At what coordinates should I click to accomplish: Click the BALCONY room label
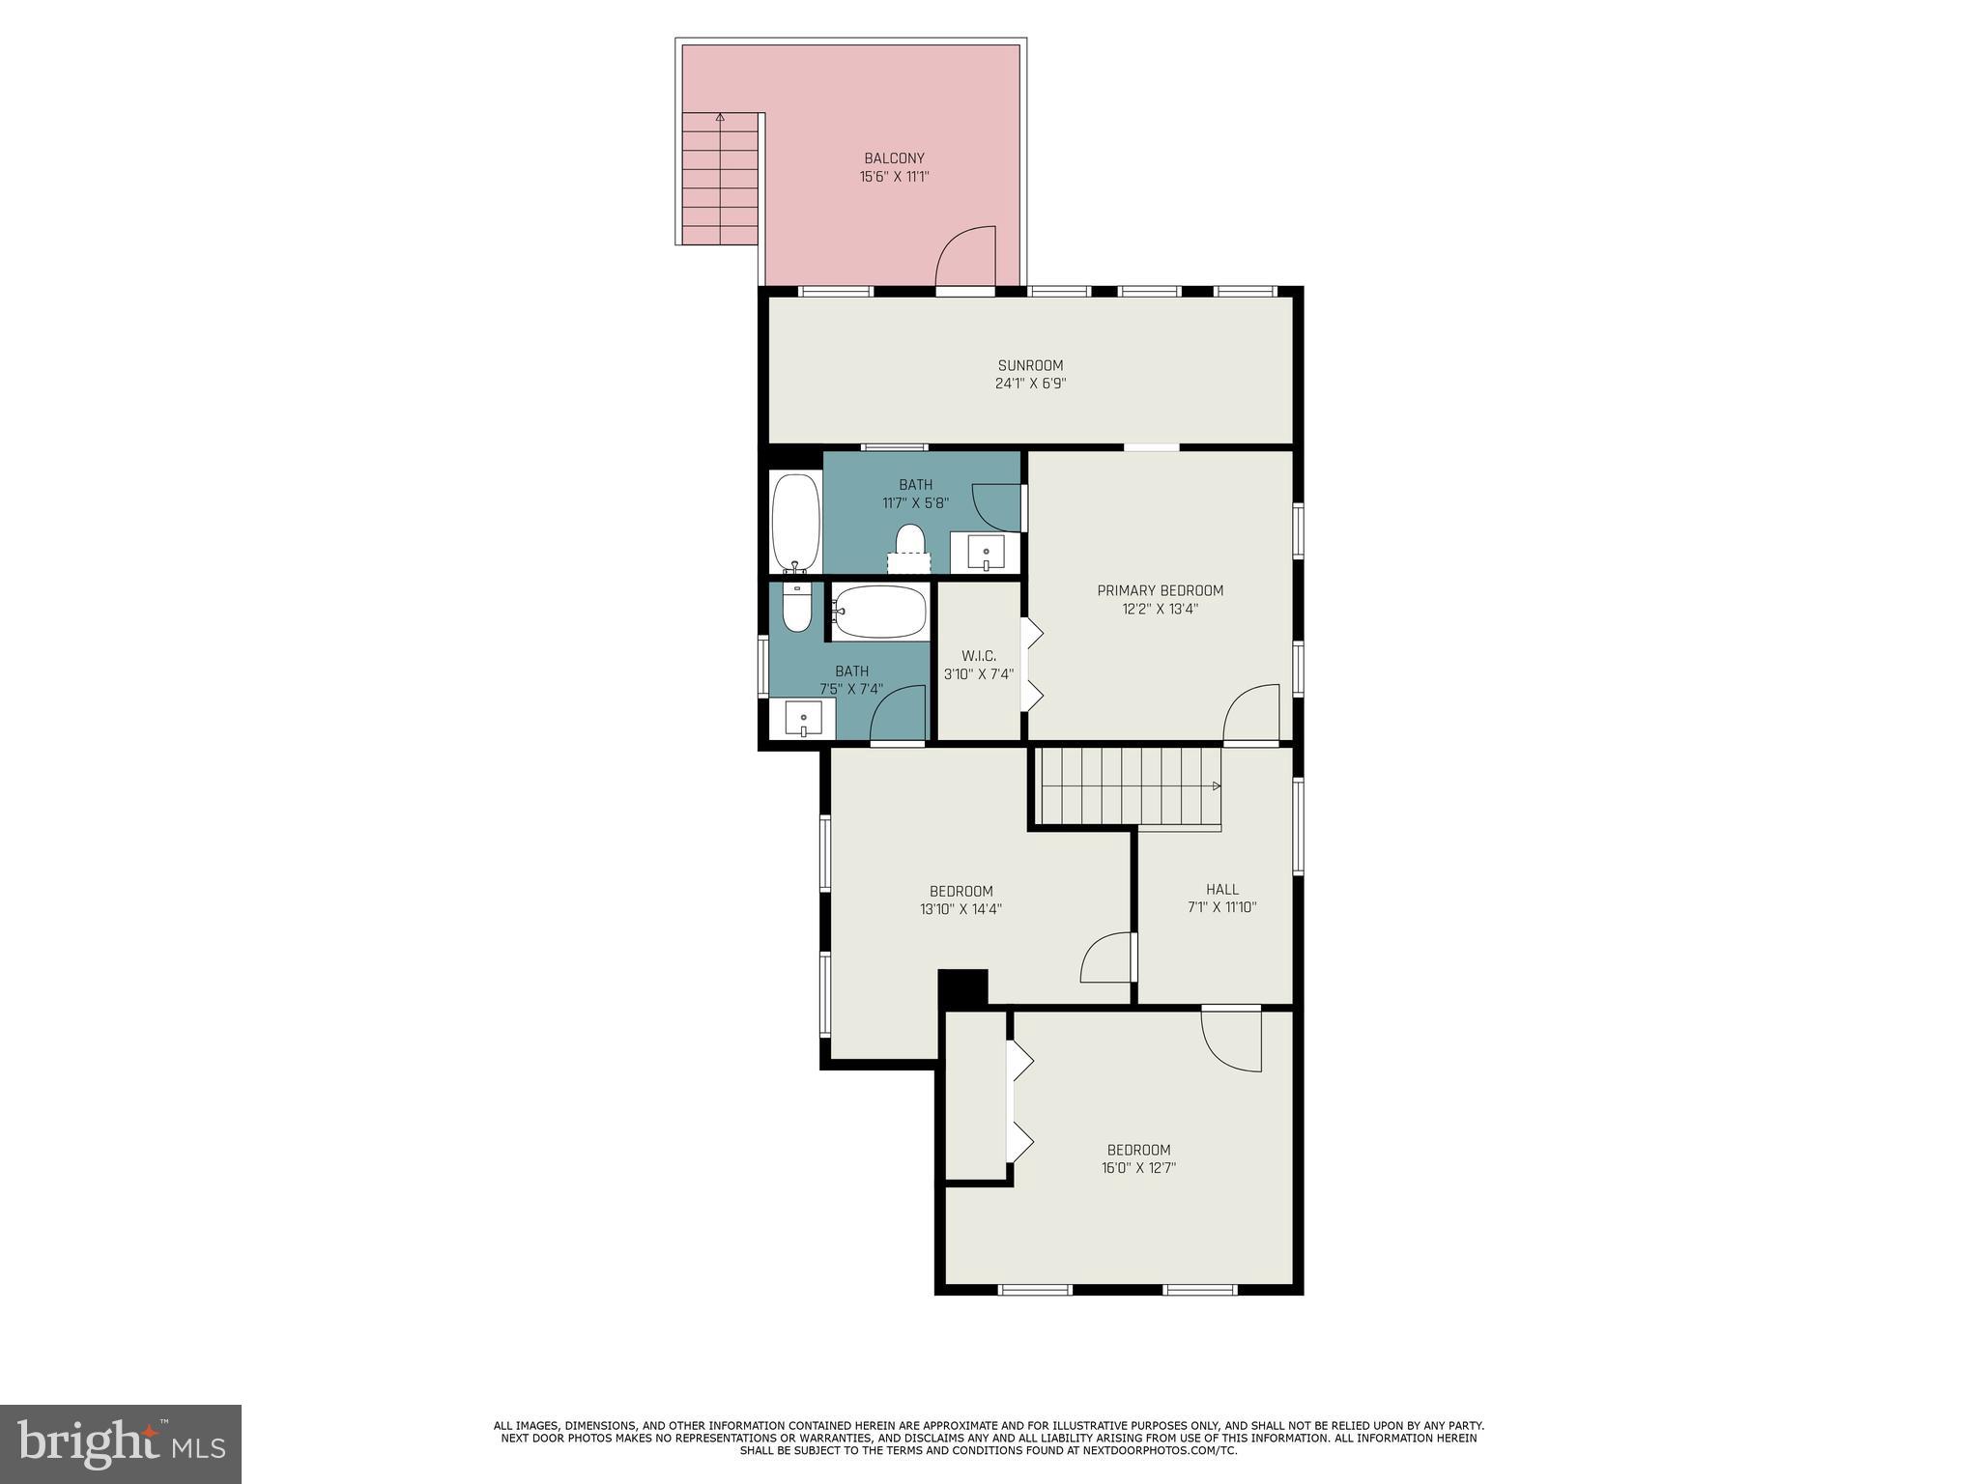click(x=894, y=158)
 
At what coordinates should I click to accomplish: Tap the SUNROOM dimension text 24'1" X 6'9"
click(x=1030, y=384)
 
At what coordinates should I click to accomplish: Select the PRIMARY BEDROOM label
click(x=1160, y=590)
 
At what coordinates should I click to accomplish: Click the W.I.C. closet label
click(x=979, y=656)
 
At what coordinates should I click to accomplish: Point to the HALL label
click(x=1221, y=889)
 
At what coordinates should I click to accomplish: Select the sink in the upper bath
click(x=985, y=554)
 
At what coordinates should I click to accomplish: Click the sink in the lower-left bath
click(x=803, y=719)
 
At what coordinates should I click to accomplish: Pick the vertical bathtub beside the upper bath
click(x=795, y=522)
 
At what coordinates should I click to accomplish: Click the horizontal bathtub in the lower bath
click(x=879, y=612)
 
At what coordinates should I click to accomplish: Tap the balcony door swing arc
click(x=966, y=255)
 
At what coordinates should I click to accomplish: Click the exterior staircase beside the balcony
click(x=720, y=179)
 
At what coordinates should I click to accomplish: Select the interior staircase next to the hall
click(x=1128, y=786)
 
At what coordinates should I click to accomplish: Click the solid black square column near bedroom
click(x=963, y=987)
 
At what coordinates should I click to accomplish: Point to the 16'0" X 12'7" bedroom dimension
click(x=1138, y=1167)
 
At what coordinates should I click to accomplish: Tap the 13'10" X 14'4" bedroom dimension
click(x=961, y=908)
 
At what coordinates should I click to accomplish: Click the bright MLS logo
click(x=121, y=1443)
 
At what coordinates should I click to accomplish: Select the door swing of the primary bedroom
click(x=1252, y=713)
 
